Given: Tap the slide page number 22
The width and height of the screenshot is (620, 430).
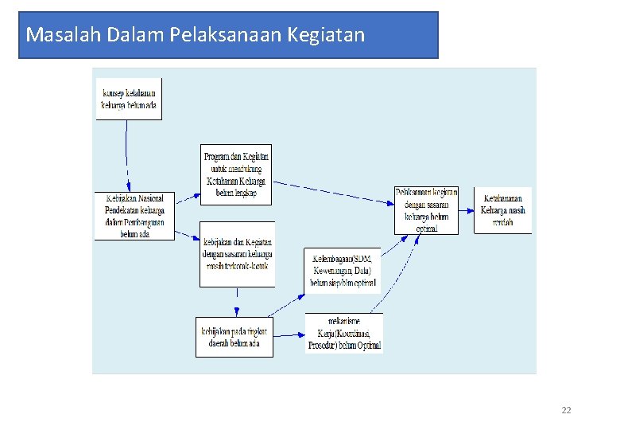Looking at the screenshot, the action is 566,410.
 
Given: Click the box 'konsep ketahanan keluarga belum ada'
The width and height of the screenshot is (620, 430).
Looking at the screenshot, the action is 128,99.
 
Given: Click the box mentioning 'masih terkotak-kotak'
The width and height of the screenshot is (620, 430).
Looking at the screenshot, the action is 237,253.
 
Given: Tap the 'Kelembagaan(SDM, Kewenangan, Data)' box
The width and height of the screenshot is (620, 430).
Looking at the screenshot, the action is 343,270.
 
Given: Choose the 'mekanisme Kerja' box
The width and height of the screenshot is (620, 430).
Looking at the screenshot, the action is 344,333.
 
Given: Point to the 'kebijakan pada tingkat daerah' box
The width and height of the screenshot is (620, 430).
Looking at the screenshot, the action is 234,337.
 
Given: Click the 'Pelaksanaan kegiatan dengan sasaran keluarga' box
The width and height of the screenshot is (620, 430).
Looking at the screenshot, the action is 427,210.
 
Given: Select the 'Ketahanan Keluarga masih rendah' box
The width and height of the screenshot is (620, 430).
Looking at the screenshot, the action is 502,210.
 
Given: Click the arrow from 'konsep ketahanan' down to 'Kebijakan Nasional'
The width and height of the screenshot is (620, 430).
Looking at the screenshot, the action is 126,155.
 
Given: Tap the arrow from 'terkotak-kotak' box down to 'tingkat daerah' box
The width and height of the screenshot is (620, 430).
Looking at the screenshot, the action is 236,302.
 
